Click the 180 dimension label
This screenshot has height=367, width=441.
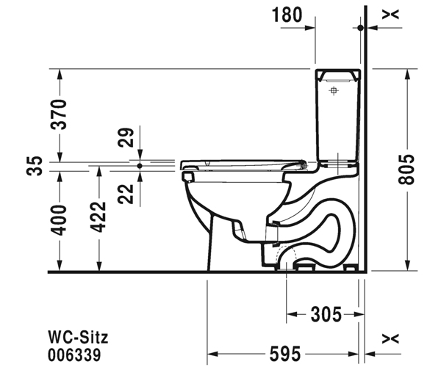tap(287, 15)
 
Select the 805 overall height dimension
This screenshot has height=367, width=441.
tap(406, 170)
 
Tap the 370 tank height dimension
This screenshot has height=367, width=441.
tap(59, 115)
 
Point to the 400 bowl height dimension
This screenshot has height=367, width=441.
tap(59, 220)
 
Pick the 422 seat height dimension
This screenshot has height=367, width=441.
tap(98, 217)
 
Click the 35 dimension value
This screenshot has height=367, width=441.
tap(35, 166)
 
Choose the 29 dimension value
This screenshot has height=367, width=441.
tap(126, 137)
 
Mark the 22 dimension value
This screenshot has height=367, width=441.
tap(126, 194)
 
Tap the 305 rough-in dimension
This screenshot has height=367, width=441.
tap(326, 314)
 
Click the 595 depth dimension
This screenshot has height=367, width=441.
tap(285, 354)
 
